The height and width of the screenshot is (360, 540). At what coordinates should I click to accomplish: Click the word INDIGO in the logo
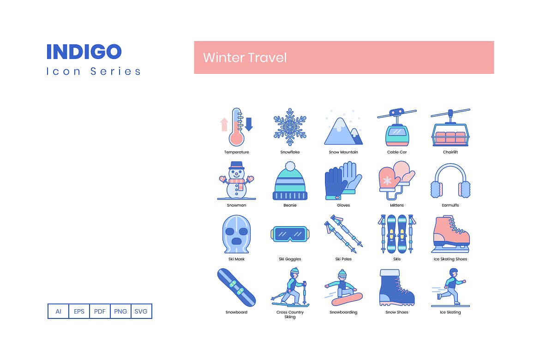[x=84, y=52]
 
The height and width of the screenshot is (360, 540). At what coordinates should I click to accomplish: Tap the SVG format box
[x=141, y=311]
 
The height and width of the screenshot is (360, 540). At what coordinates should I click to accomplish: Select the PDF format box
[x=100, y=311]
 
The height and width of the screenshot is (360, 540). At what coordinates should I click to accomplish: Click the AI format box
[x=59, y=311]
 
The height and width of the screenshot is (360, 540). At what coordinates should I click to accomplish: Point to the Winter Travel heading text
[x=245, y=58]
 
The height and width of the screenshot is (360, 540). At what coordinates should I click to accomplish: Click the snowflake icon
[x=290, y=127]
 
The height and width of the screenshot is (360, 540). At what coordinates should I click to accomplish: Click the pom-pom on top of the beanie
[x=290, y=165]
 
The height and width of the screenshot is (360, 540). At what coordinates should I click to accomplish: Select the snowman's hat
[x=236, y=165]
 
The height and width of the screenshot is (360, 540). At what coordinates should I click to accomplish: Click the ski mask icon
[x=236, y=234]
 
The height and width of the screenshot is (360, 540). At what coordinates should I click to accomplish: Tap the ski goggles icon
[x=290, y=234]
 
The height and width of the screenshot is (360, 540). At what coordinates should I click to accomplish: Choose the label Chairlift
[x=450, y=152]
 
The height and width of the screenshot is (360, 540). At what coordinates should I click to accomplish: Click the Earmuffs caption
[x=450, y=205]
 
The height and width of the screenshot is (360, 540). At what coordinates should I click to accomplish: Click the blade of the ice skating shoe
[x=450, y=251]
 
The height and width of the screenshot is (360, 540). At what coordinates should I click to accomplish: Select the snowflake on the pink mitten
[x=388, y=181]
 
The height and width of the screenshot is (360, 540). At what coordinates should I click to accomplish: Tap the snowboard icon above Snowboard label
[x=236, y=287]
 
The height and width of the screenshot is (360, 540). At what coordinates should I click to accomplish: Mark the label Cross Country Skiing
[x=290, y=314]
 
